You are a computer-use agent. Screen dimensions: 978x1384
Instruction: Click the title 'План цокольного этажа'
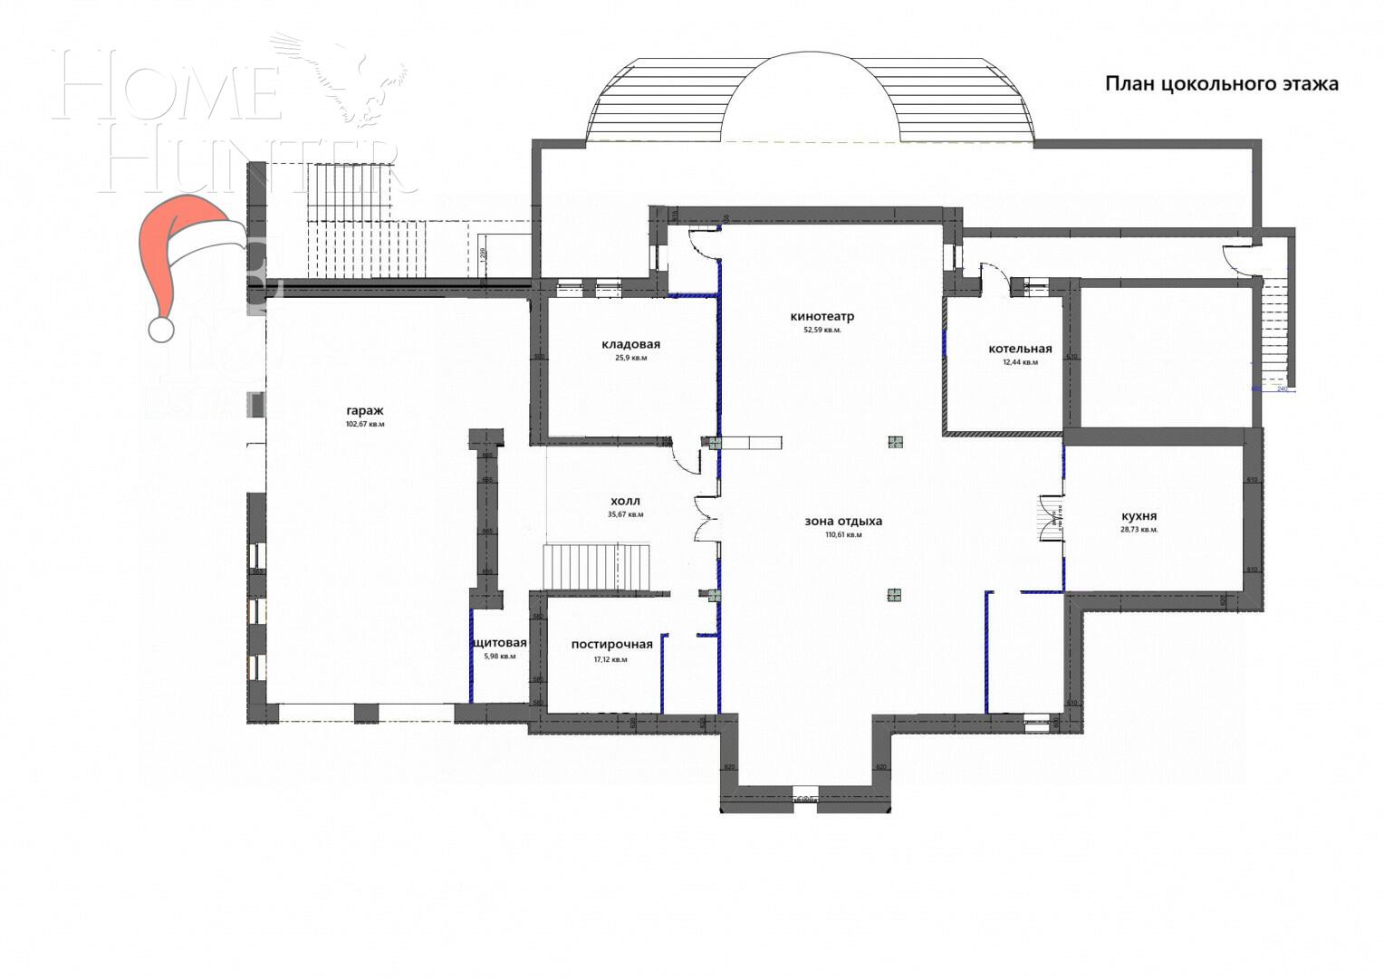pos(1221,84)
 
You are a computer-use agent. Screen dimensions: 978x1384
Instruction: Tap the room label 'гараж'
pos(364,410)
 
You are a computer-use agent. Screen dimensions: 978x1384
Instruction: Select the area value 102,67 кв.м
pos(364,424)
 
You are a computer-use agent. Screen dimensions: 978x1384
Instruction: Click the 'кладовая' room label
pos(630,344)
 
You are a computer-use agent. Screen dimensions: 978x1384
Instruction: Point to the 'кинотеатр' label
pos(822,317)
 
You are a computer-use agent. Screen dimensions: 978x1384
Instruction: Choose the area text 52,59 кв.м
pos(822,331)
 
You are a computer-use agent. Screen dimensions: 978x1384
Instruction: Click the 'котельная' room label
pos(1020,349)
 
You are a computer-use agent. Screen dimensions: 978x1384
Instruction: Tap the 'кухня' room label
pos(1139,516)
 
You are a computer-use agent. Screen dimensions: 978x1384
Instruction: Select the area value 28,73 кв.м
pos(1139,530)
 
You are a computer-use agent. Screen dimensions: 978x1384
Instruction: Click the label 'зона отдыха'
pos(842,521)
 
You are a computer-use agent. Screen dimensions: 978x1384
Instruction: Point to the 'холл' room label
pos(625,501)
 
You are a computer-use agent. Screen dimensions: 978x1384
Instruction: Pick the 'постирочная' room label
pos(611,645)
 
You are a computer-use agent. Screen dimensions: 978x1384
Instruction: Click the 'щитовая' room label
pos(499,643)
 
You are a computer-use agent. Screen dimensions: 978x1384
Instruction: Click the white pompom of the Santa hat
pos(161,329)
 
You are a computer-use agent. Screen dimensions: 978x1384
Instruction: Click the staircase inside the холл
pos(597,568)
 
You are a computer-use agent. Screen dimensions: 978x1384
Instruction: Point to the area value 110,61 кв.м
pos(842,535)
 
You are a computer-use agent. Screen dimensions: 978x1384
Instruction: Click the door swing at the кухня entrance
pos(1051,519)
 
